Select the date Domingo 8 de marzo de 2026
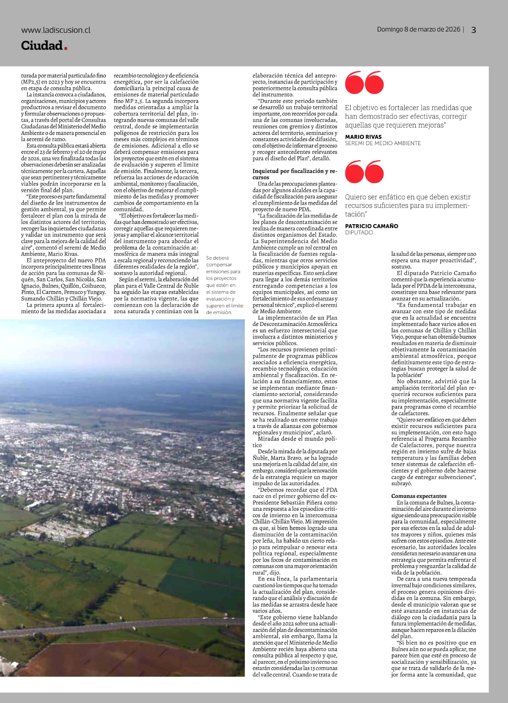coord(418,29)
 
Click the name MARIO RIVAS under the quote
coord(363,137)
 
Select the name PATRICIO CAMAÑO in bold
coord(371,226)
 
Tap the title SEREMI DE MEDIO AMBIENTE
coord(383,143)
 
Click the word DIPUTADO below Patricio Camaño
coord(359,232)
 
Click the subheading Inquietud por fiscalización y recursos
coord(294,174)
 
